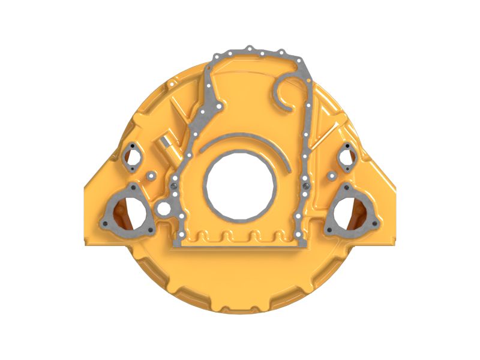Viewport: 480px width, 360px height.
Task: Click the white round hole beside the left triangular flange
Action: tap(163, 208)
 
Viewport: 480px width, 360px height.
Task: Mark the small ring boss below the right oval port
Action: tap(331, 176)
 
